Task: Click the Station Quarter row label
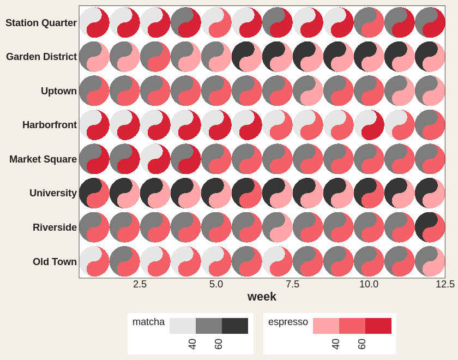point(41,23)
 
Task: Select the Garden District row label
point(41,57)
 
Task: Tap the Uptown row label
point(59,91)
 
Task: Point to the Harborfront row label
point(50,125)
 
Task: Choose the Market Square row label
point(43,159)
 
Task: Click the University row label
point(53,193)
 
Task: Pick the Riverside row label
point(55,227)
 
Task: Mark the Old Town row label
point(55,261)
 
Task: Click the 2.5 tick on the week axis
point(140,284)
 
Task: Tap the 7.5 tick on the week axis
point(292,284)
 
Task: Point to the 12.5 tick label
point(445,284)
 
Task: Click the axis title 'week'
point(262,297)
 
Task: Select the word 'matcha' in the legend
point(148,322)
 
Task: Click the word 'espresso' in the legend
point(288,322)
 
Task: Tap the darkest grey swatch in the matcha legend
point(235,326)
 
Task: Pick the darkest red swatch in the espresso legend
point(378,326)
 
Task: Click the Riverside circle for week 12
point(430,227)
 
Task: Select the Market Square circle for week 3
point(155,159)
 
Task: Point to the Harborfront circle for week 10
point(369,125)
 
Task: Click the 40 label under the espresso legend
point(336,344)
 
